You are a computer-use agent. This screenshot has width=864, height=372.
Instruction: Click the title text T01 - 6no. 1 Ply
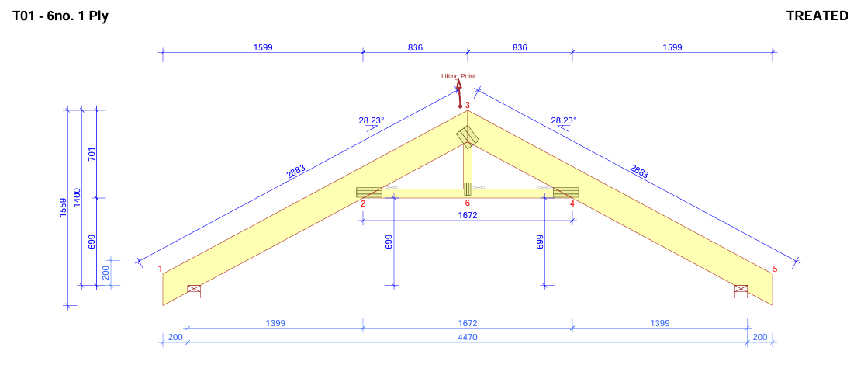pos(60,16)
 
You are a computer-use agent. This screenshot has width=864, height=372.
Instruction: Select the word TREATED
pos(817,16)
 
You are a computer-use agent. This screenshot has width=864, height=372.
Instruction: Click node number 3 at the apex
pos(468,105)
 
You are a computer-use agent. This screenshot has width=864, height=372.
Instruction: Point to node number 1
pos(161,269)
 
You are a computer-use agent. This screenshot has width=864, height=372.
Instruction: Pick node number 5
pos(774,269)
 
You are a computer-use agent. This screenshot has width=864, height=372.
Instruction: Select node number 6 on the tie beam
pos(467,203)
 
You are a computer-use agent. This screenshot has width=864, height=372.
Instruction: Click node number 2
pos(362,203)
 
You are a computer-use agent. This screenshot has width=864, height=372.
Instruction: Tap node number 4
pos(572,203)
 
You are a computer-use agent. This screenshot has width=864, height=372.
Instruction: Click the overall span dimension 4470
pos(467,337)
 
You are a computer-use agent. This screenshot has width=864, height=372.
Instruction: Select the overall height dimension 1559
pos(63,208)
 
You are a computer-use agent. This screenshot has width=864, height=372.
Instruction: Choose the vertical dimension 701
pos(92,154)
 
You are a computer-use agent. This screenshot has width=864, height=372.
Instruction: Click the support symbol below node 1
pos(194,290)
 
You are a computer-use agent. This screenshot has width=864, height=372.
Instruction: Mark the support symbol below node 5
pos(741,290)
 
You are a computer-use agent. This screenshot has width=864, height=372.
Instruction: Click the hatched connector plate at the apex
pos(467,137)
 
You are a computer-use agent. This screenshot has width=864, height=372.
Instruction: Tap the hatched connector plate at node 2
pos(369,192)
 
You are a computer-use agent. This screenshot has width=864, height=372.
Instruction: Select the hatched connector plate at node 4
pos(565,192)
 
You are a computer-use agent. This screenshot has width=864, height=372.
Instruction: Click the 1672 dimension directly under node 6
pos(467,215)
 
